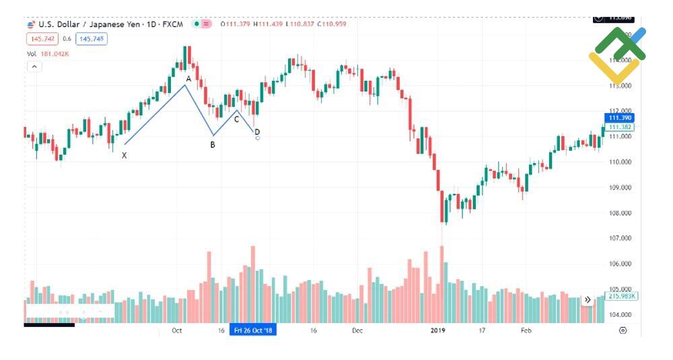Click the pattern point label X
tap(124, 155)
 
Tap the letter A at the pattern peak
tap(188, 79)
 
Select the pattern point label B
tap(213, 145)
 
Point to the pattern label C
tap(236, 119)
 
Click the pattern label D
tap(257, 131)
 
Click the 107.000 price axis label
tap(621, 238)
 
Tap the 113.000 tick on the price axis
tap(621, 85)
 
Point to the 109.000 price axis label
tap(621, 188)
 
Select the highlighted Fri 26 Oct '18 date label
tap(252, 330)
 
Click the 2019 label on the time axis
tap(438, 330)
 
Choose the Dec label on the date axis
tap(357, 330)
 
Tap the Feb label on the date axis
tap(526, 330)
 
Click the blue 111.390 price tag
tap(620, 118)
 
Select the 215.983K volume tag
tap(622, 296)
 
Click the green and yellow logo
tap(616, 55)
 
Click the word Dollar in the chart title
tap(68, 24)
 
